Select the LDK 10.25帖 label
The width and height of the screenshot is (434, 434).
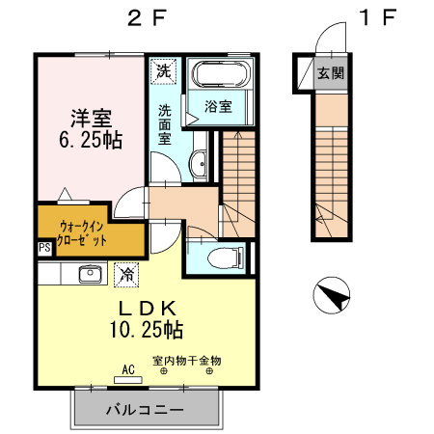[x=147, y=318]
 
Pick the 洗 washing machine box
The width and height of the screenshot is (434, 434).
[x=164, y=71]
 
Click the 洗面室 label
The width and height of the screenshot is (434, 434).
[x=165, y=123]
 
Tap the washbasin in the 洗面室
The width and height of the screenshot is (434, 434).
[x=199, y=164]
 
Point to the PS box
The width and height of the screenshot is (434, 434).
[x=43, y=248]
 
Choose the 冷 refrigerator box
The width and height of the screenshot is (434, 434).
[x=126, y=274]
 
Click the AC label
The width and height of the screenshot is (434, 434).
[x=128, y=367]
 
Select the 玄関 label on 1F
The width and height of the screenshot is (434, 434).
[x=330, y=72]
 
